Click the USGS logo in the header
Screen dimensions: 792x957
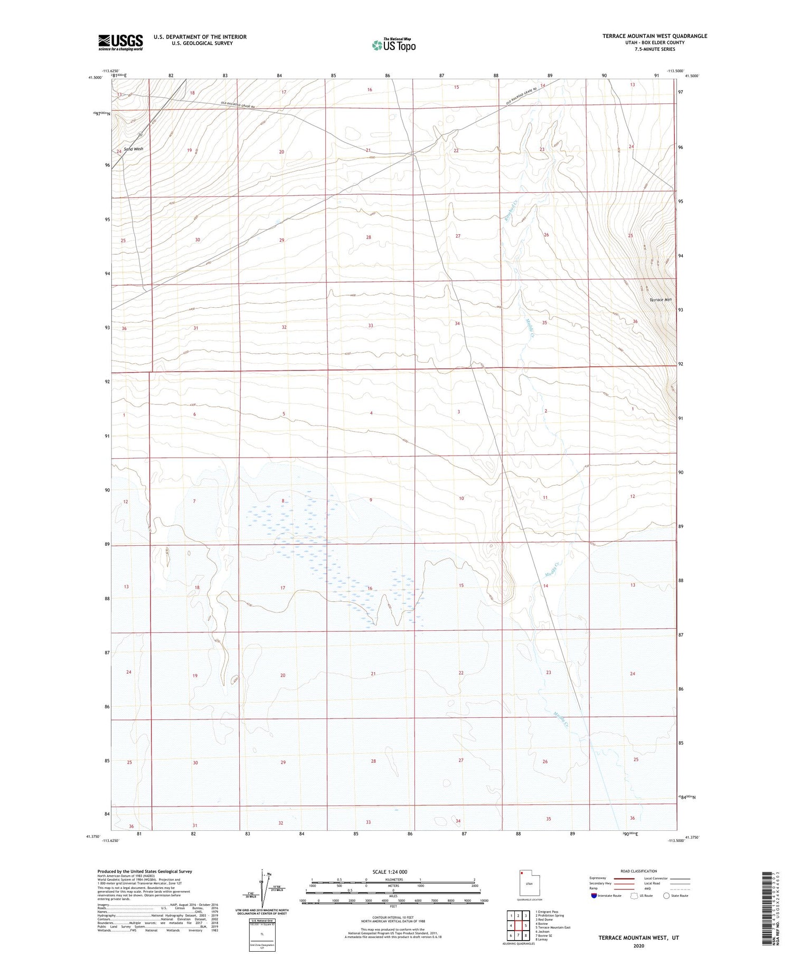[x=120, y=42]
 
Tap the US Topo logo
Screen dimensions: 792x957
[x=393, y=45]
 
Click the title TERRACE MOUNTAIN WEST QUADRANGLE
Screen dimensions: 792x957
[x=655, y=36]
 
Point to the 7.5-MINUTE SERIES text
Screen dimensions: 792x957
[x=655, y=49]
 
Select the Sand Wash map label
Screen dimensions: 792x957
[x=134, y=149]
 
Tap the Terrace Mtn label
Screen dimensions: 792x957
[x=661, y=300]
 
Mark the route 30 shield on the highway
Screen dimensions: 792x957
[x=140, y=134]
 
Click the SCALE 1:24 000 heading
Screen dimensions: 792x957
[x=390, y=871]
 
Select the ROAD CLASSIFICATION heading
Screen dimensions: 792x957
[x=639, y=871]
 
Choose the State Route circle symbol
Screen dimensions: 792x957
[x=666, y=896]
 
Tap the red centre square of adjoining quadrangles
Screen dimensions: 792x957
[x=526, y=925]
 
